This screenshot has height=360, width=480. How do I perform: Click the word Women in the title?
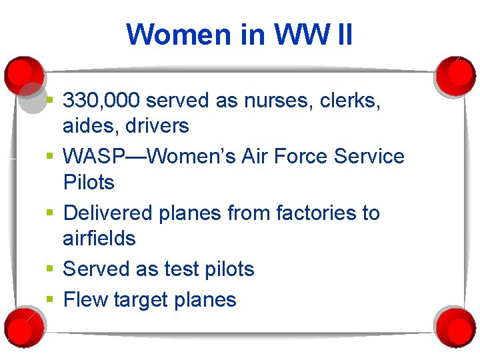pyautogui.click(x=183, y=35)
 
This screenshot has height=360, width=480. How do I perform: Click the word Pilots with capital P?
pyautogui.click(x=89, y=182)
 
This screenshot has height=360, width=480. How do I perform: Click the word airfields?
pyautogui.click(x=99, y=238)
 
